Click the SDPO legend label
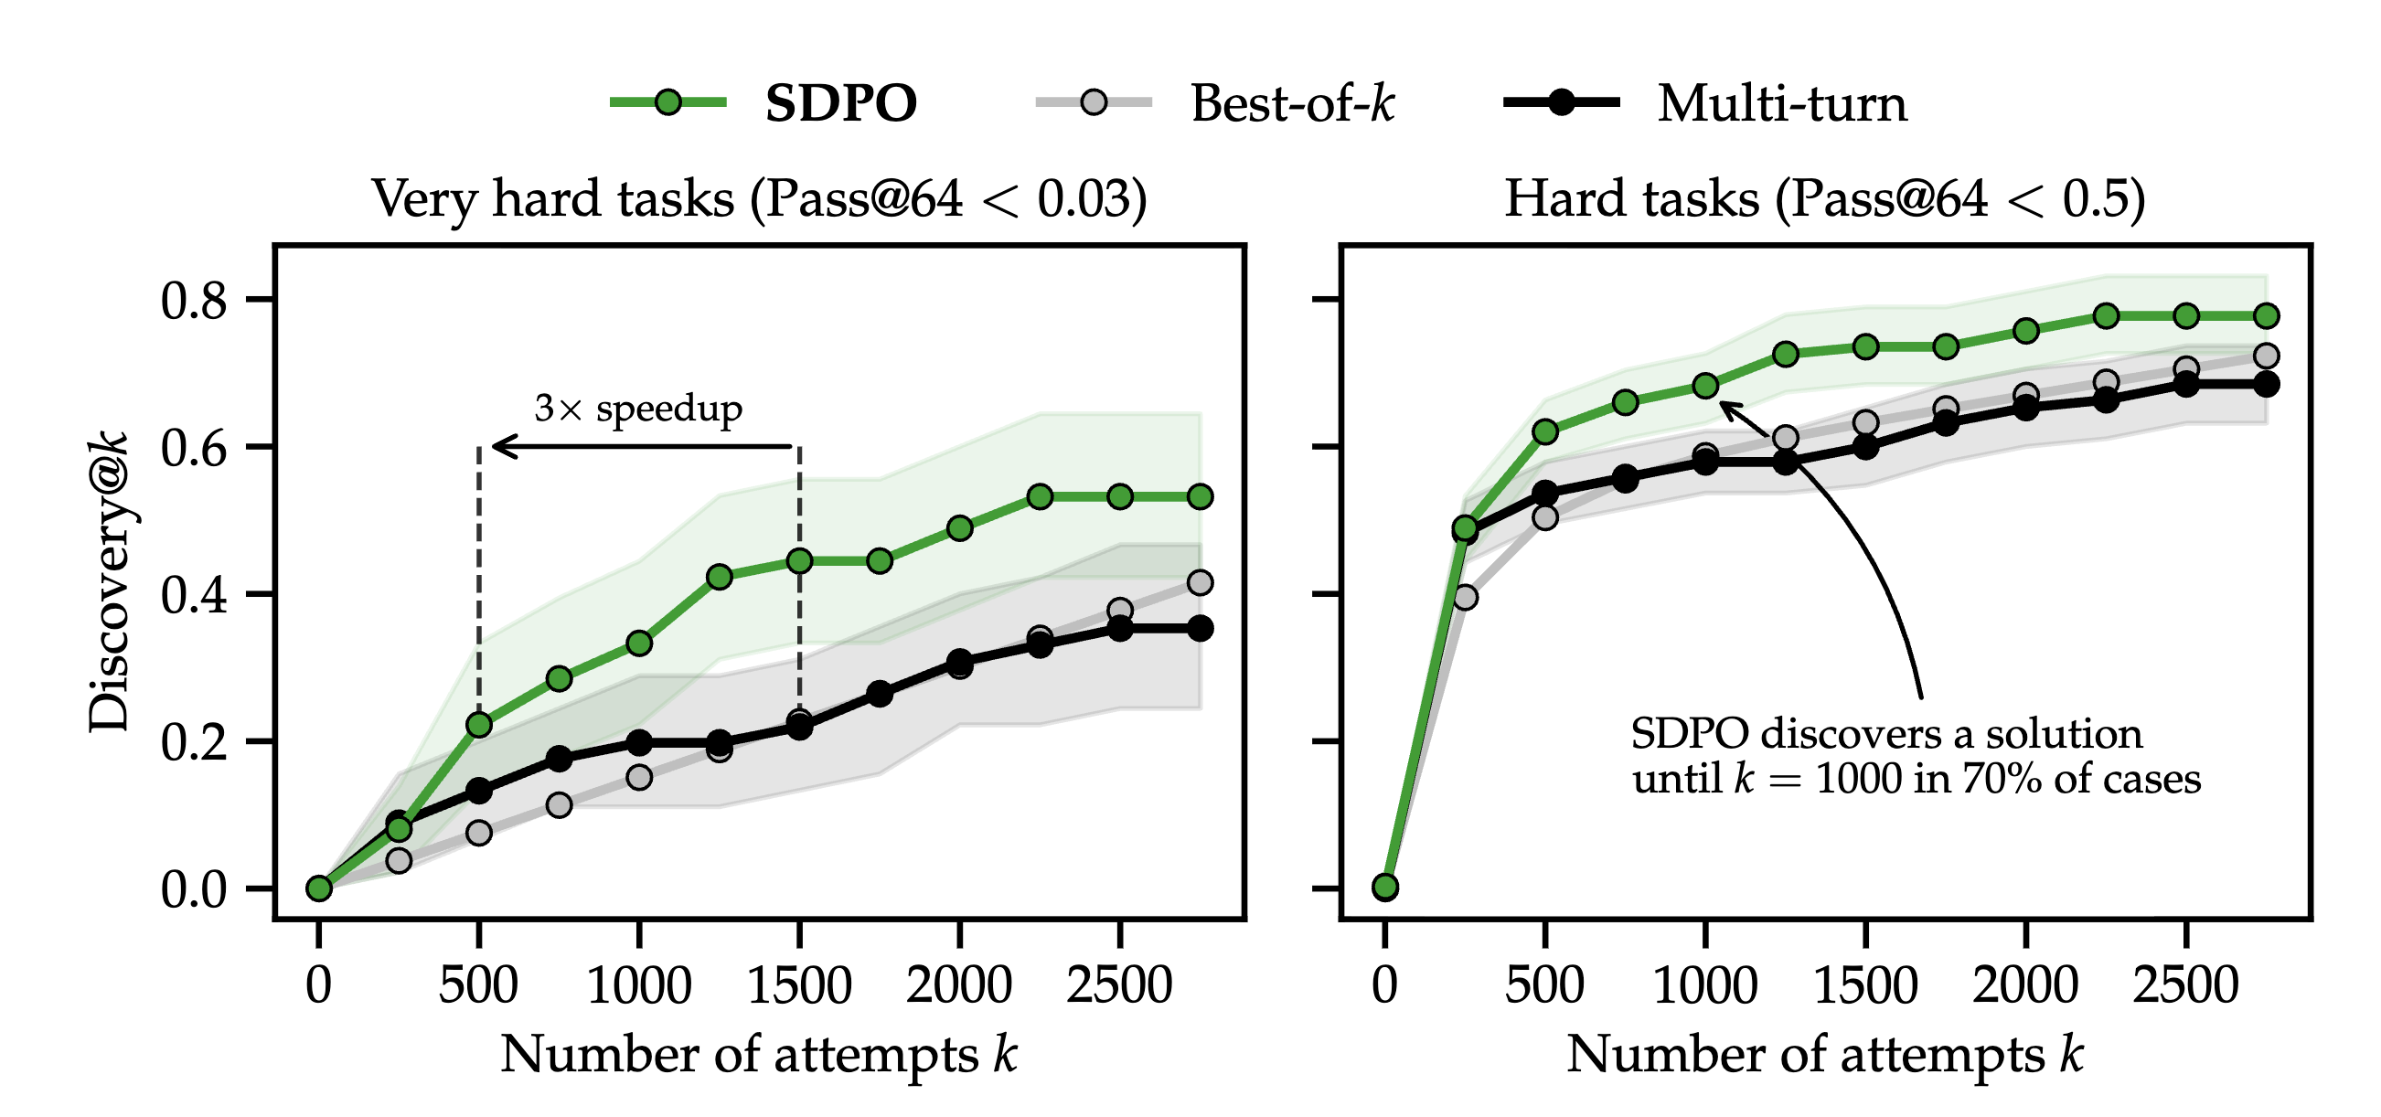(x=840, y=102)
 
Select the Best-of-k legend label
(x=1291, y=102)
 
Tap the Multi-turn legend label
(x=1781, y=102)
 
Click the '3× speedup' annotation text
(x=638, y=408)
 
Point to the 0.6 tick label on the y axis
(x=193, y=448)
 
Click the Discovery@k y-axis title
(x=109, y=582)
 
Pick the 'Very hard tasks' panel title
(x=759, y=197)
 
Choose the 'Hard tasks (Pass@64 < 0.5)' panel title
(x=1824, y=197)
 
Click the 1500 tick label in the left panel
(x=798, y=984)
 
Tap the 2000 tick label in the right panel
(x=2025, y=984)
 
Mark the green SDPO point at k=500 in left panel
(x=479, y=725)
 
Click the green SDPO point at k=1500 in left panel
(x=799, y=561)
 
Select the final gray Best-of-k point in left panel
(x=1200, y=583)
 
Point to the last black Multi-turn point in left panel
(x=1200, y=628)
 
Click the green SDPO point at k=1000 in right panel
(x=1705, y=385)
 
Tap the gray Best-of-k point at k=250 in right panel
(x=1465, y=597)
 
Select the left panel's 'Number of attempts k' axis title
(x=759, y=1054)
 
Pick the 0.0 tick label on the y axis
(x=193, y=889)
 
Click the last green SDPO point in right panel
(x=2266, y=316)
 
